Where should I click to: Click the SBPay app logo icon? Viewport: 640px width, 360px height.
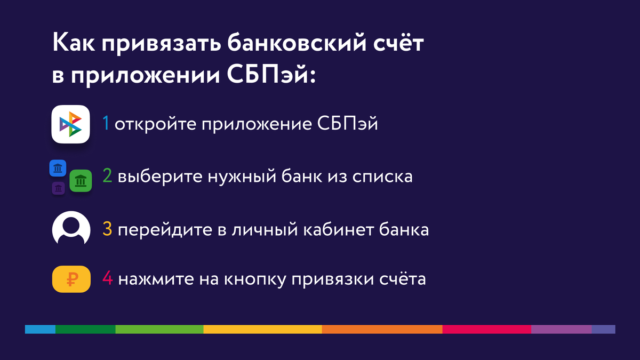point(70,124)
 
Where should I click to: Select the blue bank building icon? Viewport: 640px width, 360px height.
point(58,169)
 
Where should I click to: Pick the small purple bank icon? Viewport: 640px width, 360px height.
point(58,188)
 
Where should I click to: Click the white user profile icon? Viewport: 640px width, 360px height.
point(70,230)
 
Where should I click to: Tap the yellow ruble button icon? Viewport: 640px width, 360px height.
point(70,279)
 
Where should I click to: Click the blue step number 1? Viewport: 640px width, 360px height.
point(106,125)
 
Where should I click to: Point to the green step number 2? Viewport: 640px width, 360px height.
point(107,177)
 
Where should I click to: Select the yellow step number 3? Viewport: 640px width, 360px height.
point(107,230)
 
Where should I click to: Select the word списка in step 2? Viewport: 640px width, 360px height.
point(382,177)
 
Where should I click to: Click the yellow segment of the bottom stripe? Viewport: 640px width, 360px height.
point(262,329)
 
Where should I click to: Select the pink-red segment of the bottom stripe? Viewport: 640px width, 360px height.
point(486,329)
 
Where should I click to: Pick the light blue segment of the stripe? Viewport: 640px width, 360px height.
point(40,329)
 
